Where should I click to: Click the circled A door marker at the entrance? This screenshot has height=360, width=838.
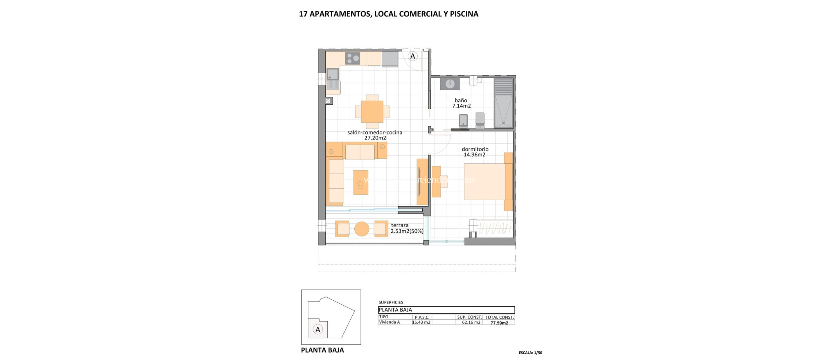(412, 56)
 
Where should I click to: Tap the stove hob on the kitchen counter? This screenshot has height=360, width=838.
(352, 59)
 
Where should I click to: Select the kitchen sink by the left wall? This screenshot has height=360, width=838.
(333, 74)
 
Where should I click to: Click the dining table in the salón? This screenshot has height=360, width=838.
(372, 112)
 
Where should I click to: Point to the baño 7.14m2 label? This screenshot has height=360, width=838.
(461, 103)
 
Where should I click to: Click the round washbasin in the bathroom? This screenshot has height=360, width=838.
(450, 84)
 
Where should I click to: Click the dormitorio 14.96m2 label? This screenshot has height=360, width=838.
(475, 152)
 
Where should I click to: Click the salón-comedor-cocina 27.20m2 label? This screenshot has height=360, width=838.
(375, 135)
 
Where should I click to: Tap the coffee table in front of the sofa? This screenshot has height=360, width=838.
(360, 182)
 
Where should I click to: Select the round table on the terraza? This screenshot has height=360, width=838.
(362, 229)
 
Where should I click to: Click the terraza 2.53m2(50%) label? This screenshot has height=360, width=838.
(407, 228)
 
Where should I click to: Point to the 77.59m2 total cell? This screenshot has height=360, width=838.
(499, 323)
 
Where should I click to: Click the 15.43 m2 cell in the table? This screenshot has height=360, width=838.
(421, 322)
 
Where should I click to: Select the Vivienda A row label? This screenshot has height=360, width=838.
(390, 322)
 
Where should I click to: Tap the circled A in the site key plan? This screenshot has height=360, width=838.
(318, 329)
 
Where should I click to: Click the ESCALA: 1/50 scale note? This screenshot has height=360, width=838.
(530, 353)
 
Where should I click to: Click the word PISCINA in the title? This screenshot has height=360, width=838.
(464, 14)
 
